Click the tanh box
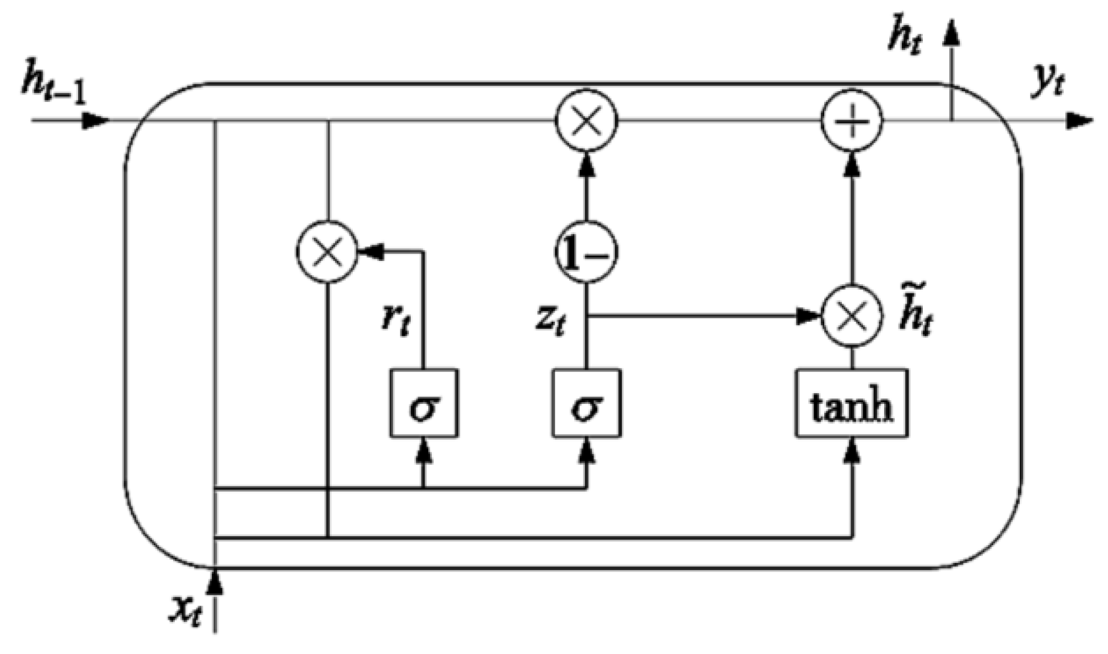coord(851,403)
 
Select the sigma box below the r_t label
coord(423,403)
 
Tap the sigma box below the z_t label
coord(587,403)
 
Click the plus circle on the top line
coord(851,121)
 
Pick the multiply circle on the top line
coord(586,121)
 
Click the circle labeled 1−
coord(586,251)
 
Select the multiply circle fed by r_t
coord(327,251)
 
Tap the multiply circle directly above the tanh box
coord(851,315)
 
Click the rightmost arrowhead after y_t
coord(1080,121)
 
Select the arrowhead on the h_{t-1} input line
coord(95,121)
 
